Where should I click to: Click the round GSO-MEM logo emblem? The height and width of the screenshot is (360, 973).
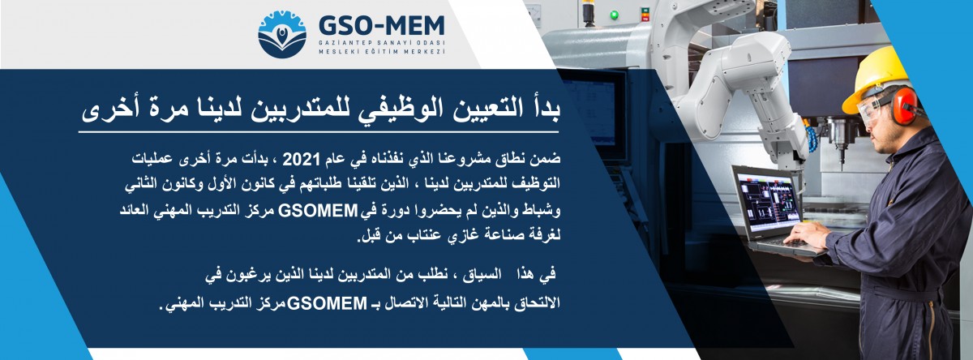[x=282, y=35]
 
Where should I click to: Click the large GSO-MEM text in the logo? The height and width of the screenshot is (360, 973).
[x=382, y=26]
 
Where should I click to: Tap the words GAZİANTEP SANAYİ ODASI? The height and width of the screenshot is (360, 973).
[x=382, y=42]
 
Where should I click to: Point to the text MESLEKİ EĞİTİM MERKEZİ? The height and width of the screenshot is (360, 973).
[x=382, y=52]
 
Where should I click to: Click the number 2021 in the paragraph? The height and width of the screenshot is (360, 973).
[x=302, y=160]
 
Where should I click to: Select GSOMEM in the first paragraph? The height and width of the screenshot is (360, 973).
[x=318, y=211]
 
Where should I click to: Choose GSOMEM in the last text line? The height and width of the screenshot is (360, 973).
[x=327, y=303]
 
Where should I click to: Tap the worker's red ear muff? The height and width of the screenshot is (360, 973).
[x=904, y=105]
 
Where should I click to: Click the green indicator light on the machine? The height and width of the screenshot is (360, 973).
[x=615, y=15]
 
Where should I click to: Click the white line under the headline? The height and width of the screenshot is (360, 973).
[x=319, y=131]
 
